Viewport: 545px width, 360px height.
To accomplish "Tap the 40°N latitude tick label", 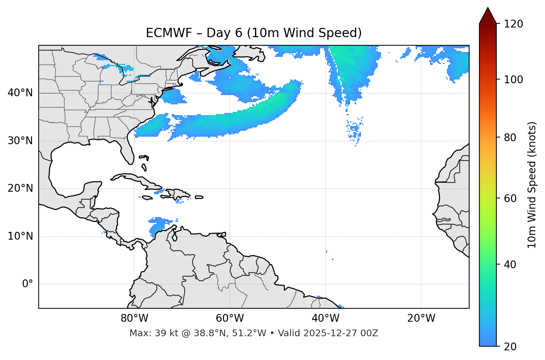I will pos(20,93).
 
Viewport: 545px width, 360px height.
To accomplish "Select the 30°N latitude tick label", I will pos(20,141).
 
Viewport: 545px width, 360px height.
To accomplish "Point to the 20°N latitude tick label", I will pos(20,188).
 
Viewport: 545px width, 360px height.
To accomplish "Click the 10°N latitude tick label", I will pos(20,236).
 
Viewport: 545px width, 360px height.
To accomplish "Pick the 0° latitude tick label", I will pos(27,284).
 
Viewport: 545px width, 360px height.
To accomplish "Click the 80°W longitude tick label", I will pos(134,318).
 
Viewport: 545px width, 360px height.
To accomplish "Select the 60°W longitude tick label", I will pos(230,318).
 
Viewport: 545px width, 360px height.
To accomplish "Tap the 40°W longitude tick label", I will pos(325,318).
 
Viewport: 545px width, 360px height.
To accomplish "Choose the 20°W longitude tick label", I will pos(421,318).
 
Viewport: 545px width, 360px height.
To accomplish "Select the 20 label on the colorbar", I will pos(510,347).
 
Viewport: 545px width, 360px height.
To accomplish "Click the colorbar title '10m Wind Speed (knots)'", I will pos(532,185).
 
